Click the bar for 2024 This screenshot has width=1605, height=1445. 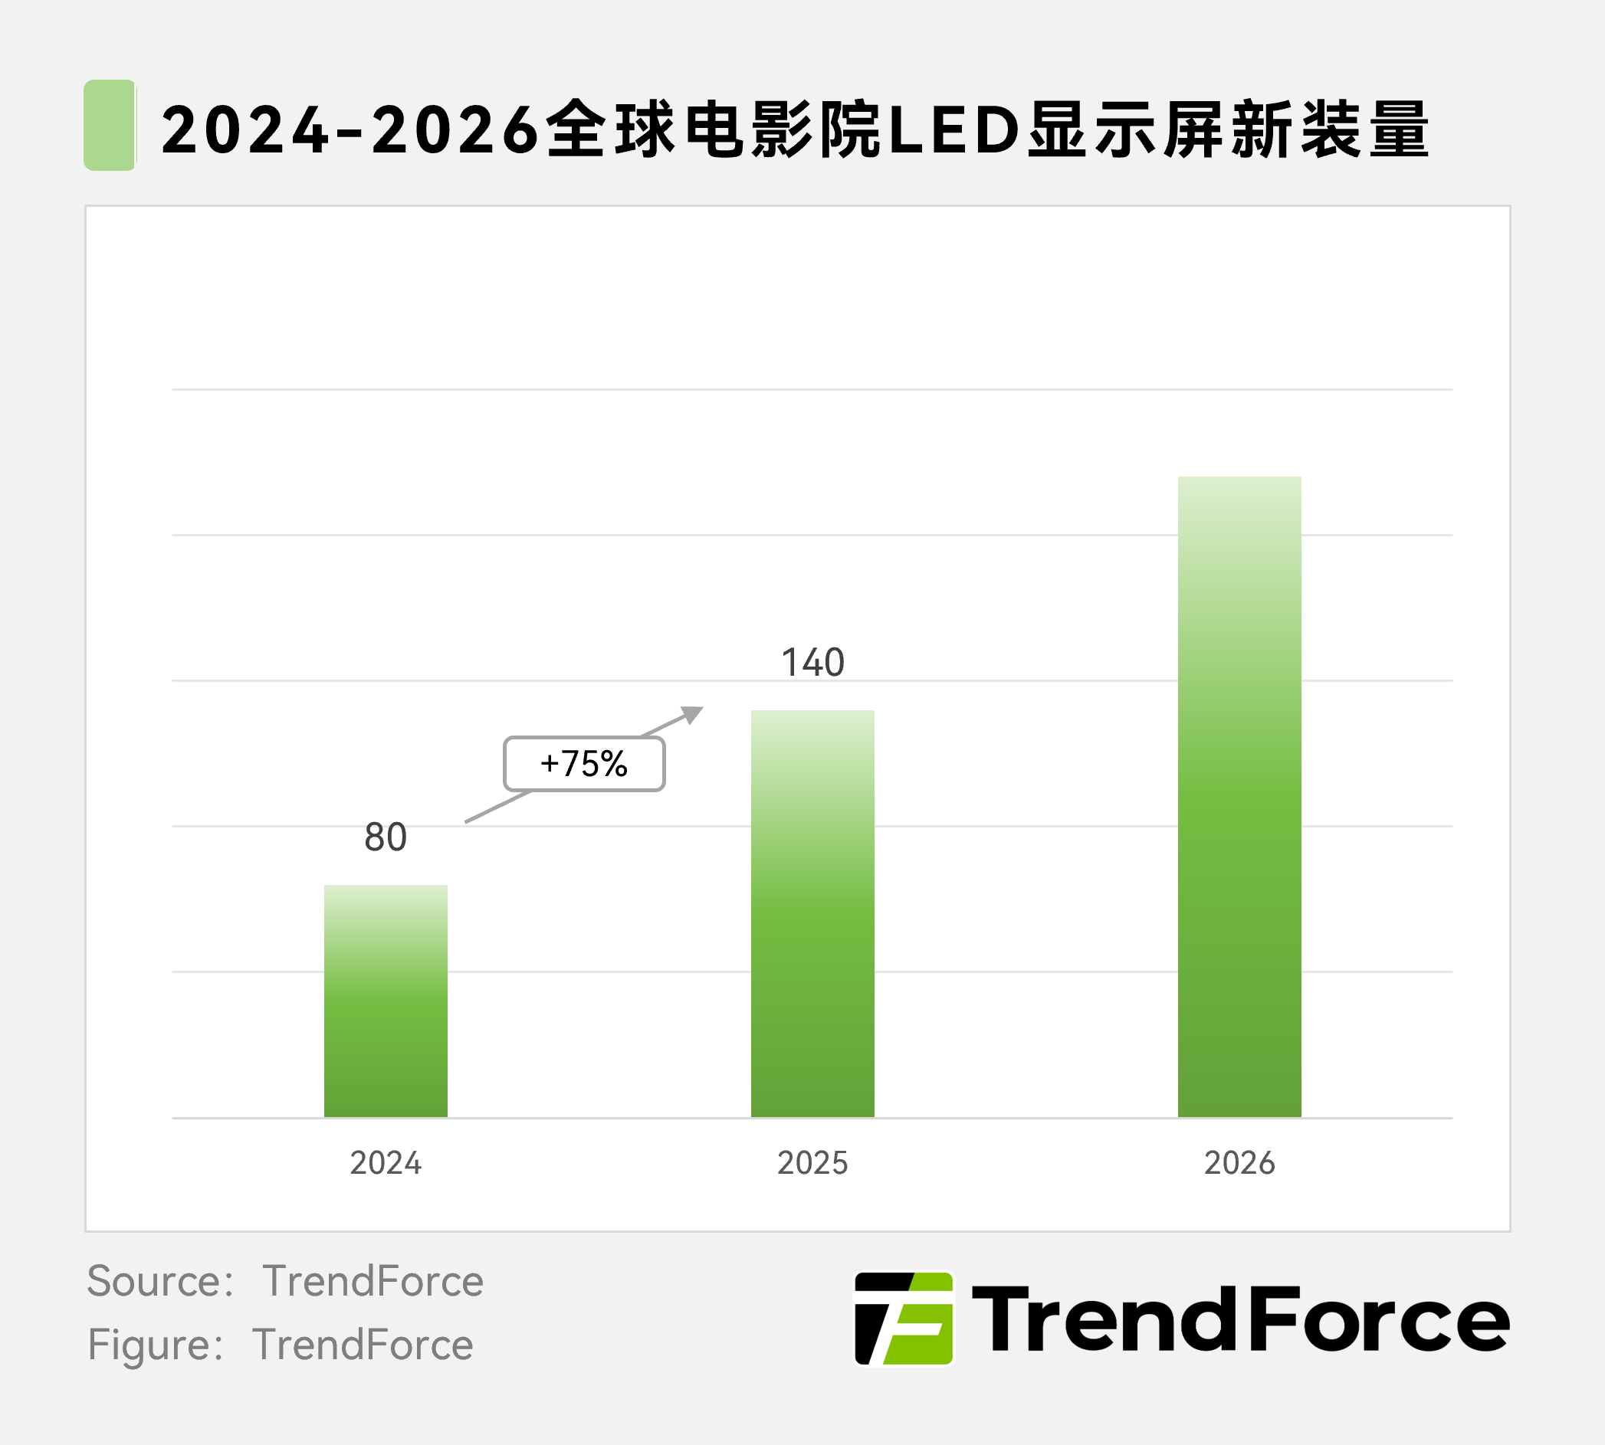(x=386, y=1001)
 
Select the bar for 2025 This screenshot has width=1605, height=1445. (x=812, y=913)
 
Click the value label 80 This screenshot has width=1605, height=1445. (x=386, y=837)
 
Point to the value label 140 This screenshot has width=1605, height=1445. (x=812, y=662)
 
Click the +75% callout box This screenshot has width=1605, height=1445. (x=584, y=764)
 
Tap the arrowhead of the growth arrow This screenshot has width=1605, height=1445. (x=694, y=714)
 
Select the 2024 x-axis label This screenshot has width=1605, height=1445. (x=386, y=1163)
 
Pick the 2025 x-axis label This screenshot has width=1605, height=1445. (x=812, y=1163)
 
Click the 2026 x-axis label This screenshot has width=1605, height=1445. (x=1239, y=1163)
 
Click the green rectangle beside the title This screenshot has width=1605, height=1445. (x=110, y=125)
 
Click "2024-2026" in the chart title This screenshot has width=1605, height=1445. (x=350, y=129)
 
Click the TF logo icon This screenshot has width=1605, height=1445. (x=904, y=1319)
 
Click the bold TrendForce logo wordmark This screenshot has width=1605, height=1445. (x=1239, y=1319)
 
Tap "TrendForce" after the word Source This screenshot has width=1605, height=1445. (x=373, y=1280)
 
